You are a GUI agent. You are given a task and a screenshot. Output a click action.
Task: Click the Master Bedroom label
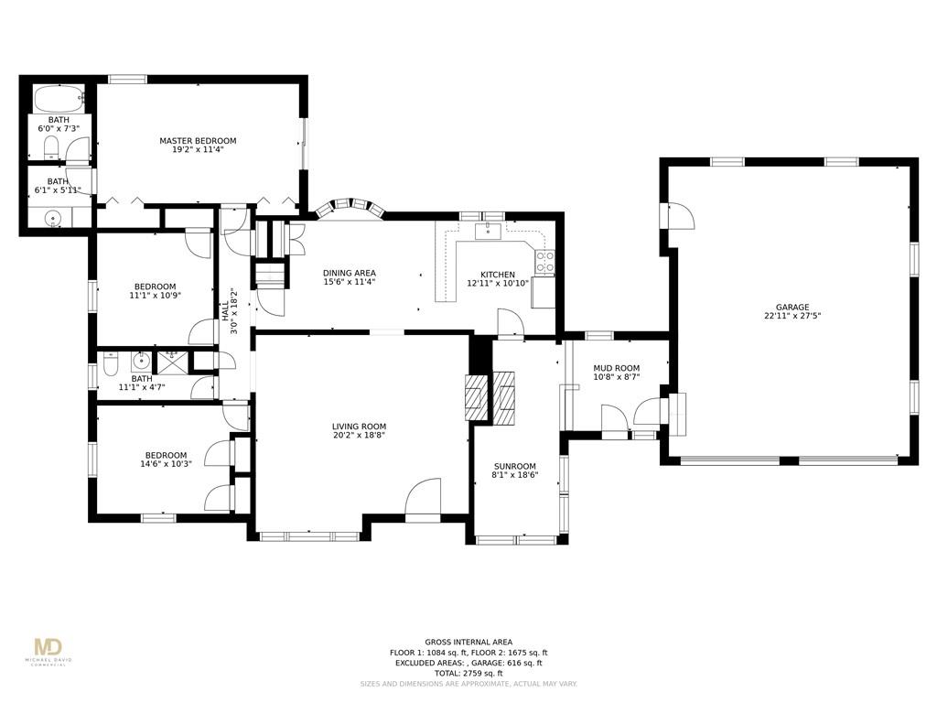(x=198, y=140)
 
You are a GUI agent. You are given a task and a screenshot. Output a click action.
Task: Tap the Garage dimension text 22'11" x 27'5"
(x=792, y=316)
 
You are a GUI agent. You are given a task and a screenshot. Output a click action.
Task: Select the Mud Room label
(x=616, y=368)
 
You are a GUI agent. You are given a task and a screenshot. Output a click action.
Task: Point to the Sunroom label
(x=514, y=466)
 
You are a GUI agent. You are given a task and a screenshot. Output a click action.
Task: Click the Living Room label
(x=359, y=427)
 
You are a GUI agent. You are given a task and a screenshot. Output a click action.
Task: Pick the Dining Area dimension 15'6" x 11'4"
(x=350, y=282)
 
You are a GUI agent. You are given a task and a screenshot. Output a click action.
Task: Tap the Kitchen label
(x=498, y=275)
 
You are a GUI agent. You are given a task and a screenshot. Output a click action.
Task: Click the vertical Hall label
(x=225, y=311)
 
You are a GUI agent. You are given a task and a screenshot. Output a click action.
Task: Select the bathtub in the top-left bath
(x=59, y=99)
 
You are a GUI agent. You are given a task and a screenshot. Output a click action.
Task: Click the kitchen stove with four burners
(x=544, y=262)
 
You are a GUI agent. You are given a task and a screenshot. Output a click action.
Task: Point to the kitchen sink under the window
(x=489, y=231)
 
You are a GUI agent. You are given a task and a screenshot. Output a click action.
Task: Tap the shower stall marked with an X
(x=172, y=362)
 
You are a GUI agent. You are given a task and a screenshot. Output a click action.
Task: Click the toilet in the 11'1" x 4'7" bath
(x=111, y=362)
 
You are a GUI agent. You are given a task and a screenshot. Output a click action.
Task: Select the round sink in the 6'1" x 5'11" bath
(x=53, y=218)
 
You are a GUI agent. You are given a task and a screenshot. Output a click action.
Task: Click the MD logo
(x=48, y=647)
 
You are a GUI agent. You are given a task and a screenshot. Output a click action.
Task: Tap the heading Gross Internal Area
(x=468, y=642)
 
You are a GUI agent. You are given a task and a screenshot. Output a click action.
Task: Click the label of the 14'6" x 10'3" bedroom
(x=166, y=455)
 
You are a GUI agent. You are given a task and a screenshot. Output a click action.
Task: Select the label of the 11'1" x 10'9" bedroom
(x=155, y=287)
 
